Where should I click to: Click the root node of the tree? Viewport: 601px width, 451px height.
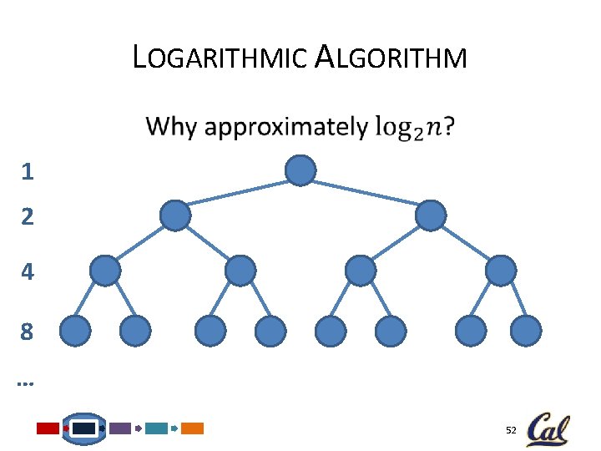click(300, 170)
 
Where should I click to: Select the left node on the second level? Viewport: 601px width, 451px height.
click(175, 215)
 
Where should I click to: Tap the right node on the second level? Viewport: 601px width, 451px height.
click(431, 215)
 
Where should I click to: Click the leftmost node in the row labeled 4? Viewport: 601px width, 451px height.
click(105, 271)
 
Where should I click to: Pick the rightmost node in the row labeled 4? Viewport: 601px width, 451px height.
click(501, 271)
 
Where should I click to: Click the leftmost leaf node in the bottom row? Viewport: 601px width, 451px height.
click(75, 332)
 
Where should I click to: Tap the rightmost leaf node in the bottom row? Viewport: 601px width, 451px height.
click(526, 332)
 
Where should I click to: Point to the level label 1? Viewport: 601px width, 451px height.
click(28, 173)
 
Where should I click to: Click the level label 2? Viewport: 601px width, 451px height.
click(28, 217)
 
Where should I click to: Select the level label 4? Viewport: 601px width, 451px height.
click(28, 272)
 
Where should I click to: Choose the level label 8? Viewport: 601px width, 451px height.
click(28, 332)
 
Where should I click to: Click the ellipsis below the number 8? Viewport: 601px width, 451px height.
click(24, 384)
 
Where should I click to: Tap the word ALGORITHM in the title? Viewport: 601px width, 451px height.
click(392, 58)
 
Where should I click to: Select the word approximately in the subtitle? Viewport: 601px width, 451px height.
click(285, 127)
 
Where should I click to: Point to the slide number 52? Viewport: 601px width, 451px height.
click(511, 430)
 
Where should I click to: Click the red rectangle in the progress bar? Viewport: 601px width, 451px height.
click(48, 428)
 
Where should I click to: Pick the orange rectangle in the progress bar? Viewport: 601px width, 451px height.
click(193, 428)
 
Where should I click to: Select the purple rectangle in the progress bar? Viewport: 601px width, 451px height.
click(120, 428)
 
